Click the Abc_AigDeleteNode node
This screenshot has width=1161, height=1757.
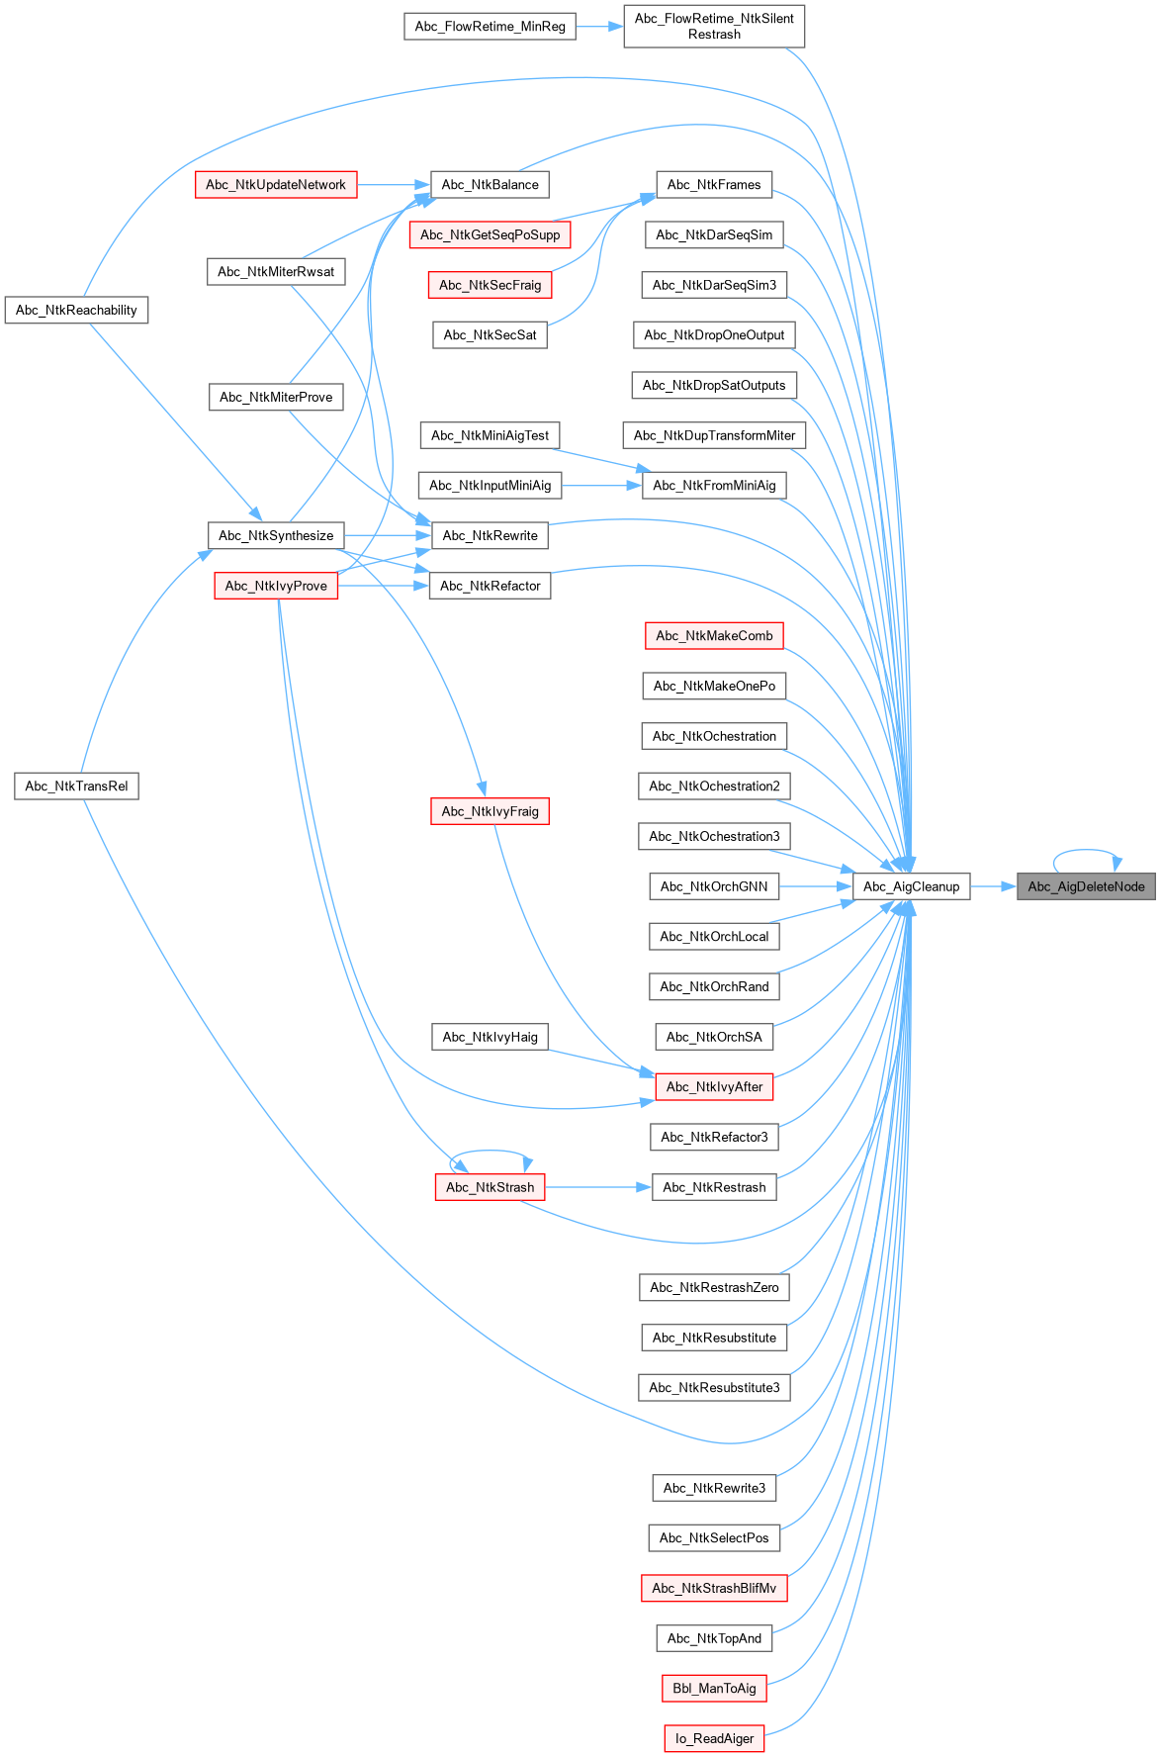(x=1085, y=886)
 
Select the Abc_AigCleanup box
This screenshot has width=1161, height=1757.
(x=911, y=886)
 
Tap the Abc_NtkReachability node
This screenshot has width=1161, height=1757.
(x=76, y=311)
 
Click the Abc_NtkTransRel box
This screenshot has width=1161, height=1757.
(x=76, y=786)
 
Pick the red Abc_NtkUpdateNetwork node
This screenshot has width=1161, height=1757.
(x=275, y=185)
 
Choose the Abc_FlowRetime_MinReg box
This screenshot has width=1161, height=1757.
(x=490, y=27)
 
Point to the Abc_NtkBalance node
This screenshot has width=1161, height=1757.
(x=490, y=185)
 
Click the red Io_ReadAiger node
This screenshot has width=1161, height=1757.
(x=714, y=1738)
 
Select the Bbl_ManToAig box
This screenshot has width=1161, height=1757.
(x=714, y=1689)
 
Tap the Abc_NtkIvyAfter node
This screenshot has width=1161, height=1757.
(x=714, y=1087)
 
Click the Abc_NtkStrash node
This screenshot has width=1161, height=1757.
(x=490, y=1187)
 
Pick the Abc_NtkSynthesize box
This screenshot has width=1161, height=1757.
(x=276, y=536)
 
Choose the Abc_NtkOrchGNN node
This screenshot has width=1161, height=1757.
(x=714, y=886)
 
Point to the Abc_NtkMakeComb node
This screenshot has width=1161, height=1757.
(x=714, y=636)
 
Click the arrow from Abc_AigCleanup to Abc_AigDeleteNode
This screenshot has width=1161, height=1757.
(x=993, y=886)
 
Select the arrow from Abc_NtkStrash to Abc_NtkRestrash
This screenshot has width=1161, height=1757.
(x=597, y=1187)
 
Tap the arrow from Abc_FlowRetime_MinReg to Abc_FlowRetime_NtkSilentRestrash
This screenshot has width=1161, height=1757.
(x=598, y=27)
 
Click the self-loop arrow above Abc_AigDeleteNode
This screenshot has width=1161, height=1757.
(x=1085, y=850)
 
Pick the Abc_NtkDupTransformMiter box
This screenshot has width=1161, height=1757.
(x=714, y=435)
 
